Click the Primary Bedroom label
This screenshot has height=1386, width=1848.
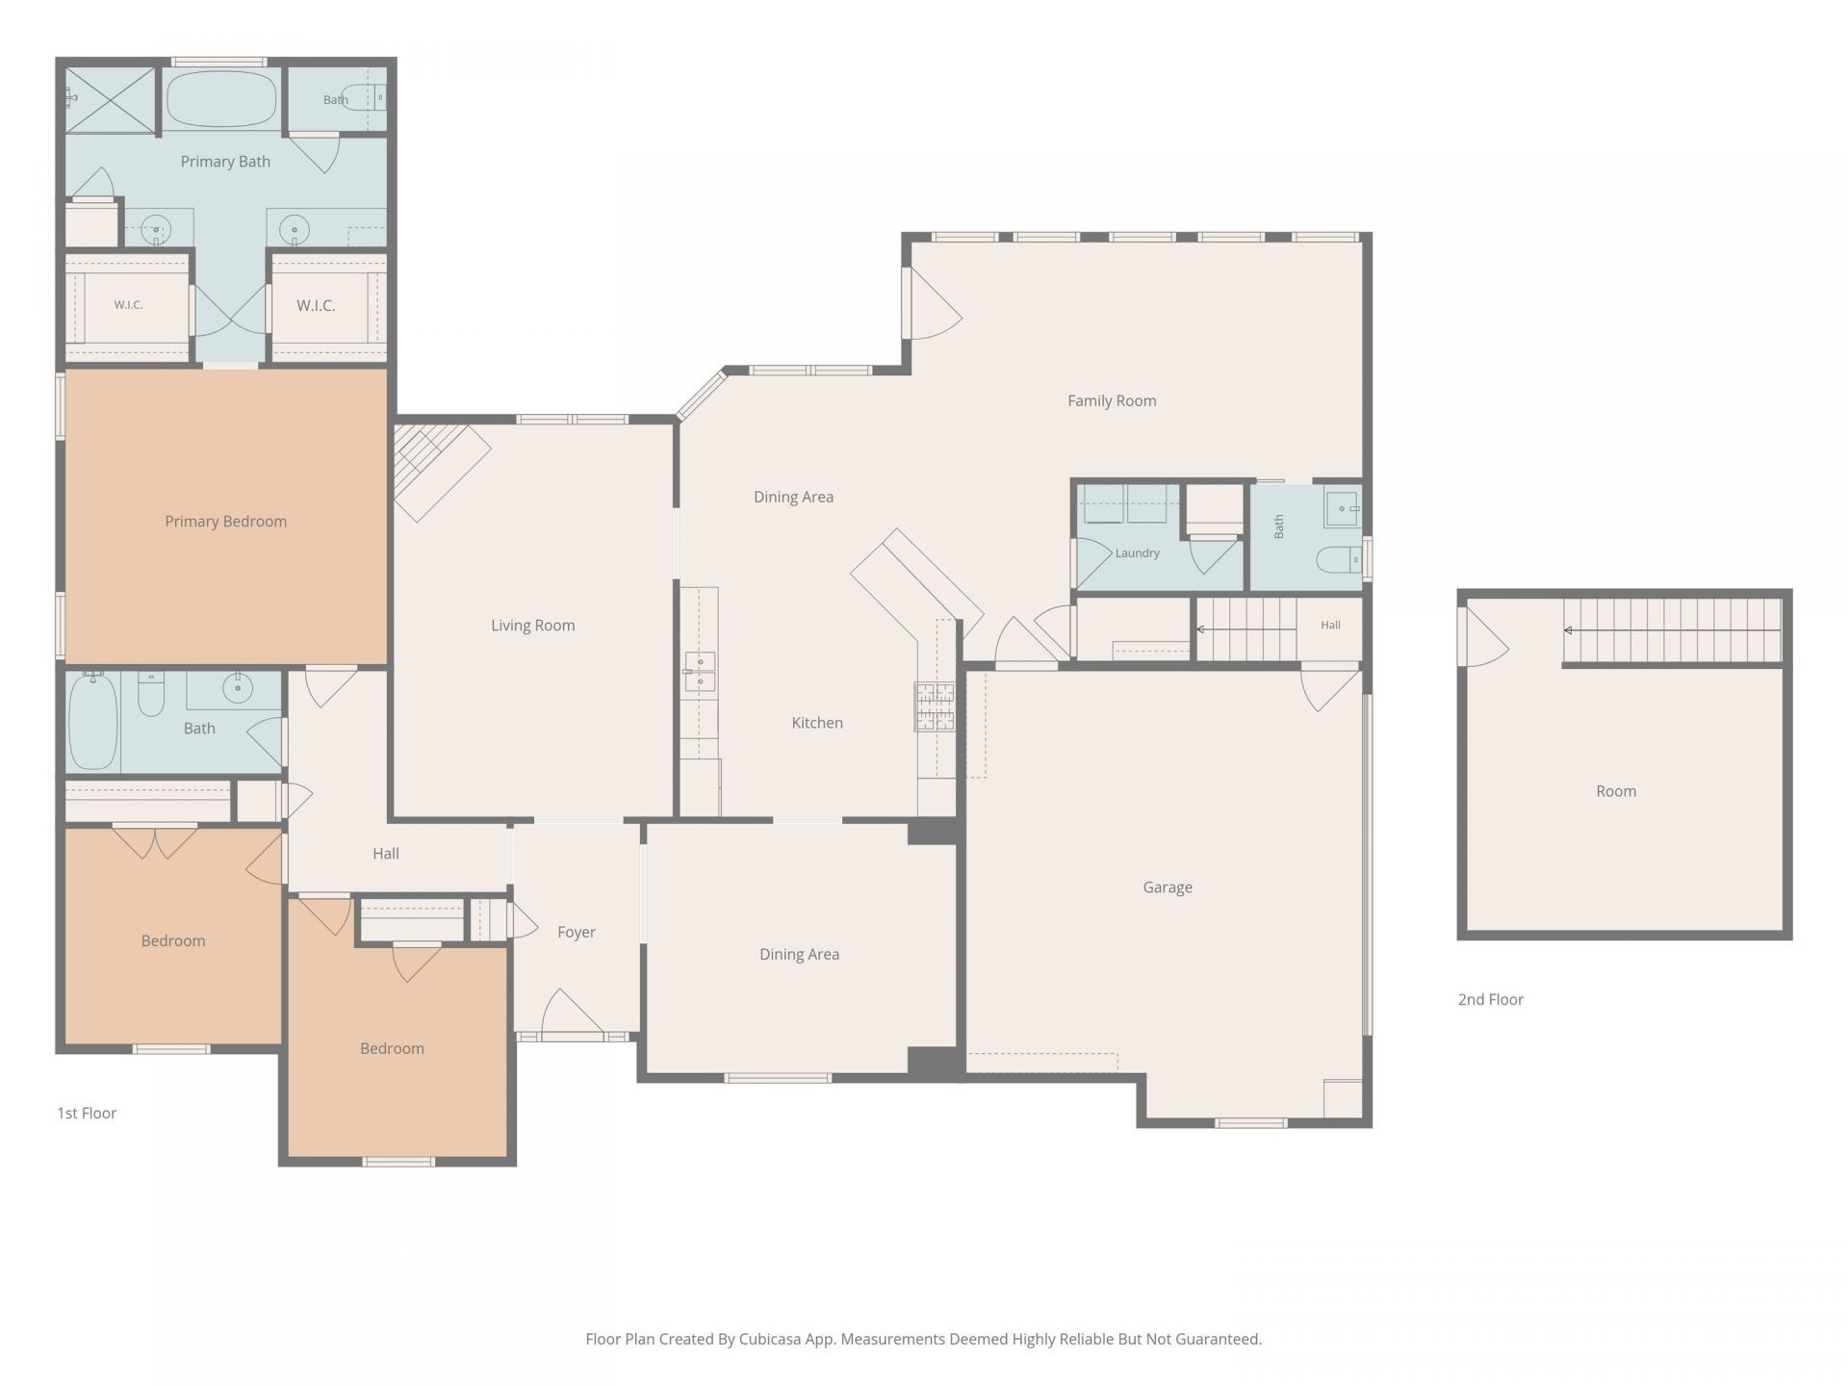pyautogui.click(x=225, y=522)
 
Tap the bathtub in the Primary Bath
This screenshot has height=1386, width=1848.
pyautogui.click(x=221, y=98)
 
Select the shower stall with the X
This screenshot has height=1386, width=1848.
pyautogui.click(x=110, y=99)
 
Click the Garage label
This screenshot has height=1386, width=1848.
pyautogui.click(x=1168, y=887)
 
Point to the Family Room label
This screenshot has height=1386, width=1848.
pyautogui.click(x=1112, y=401)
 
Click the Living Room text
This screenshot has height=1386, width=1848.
pyautogui.click(x=533, y=626)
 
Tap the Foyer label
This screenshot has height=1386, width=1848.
pyautogui.click(x=577, y=933)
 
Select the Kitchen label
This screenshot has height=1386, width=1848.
pyautogui.click(x=817, y=723)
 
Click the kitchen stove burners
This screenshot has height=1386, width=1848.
pyautogui.click(x=935, y=706)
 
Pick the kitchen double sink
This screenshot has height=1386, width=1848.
pyautogui.click(x=700, y=672)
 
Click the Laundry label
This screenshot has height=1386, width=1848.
pyautogui.click(x=1138, y=553)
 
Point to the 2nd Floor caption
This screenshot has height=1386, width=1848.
pyautogui.click(x=1491, y=1000)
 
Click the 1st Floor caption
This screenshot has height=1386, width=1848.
pyautogui.click(x=87, y=1114)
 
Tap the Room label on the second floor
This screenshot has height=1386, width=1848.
pyautogui.click(x=1616, y=792)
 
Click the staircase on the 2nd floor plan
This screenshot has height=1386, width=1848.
pyautogui.click(x=1672, y=630)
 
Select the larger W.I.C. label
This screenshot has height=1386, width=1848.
pyautogui.click(x=316, y=306)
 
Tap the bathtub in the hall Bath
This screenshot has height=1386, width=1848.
pyautogui.click(x=93, y=720)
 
